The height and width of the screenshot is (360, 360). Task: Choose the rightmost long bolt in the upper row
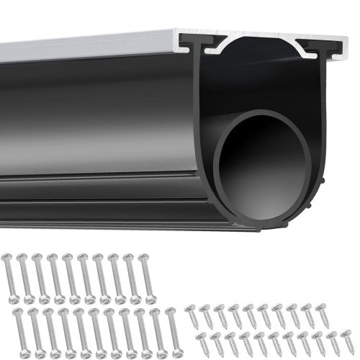point(150,277)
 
